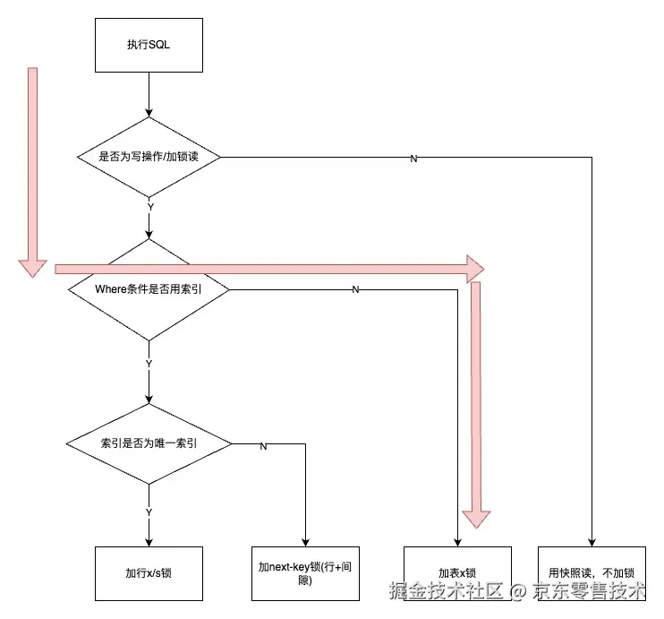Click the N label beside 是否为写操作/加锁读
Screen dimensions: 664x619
tap(413, 159)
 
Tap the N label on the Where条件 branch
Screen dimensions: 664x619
tap(355, 289)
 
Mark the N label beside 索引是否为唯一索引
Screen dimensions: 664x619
tap(263, 446)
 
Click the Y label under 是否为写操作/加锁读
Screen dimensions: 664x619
tap(150, 207)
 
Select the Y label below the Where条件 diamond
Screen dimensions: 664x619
tap(149, 364)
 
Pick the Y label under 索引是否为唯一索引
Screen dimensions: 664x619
tap(149, 512)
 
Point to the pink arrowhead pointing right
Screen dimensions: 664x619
tap(475, 269)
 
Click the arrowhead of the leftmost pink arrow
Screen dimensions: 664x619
tap(32, 269)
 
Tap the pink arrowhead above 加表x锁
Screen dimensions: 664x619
tap(476, 519)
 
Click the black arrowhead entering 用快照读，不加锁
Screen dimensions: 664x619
tap(592, 543)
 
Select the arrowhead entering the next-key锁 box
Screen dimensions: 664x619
tap(305, 543)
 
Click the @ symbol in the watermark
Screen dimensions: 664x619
tap(517, 591)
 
